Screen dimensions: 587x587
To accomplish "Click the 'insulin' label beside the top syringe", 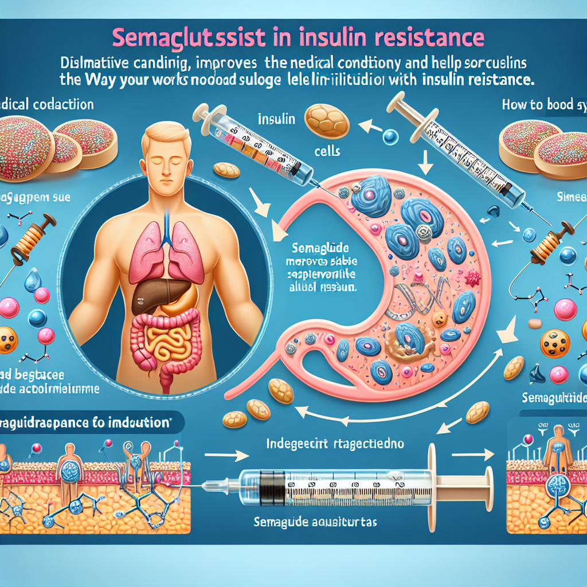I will point(276,119).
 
